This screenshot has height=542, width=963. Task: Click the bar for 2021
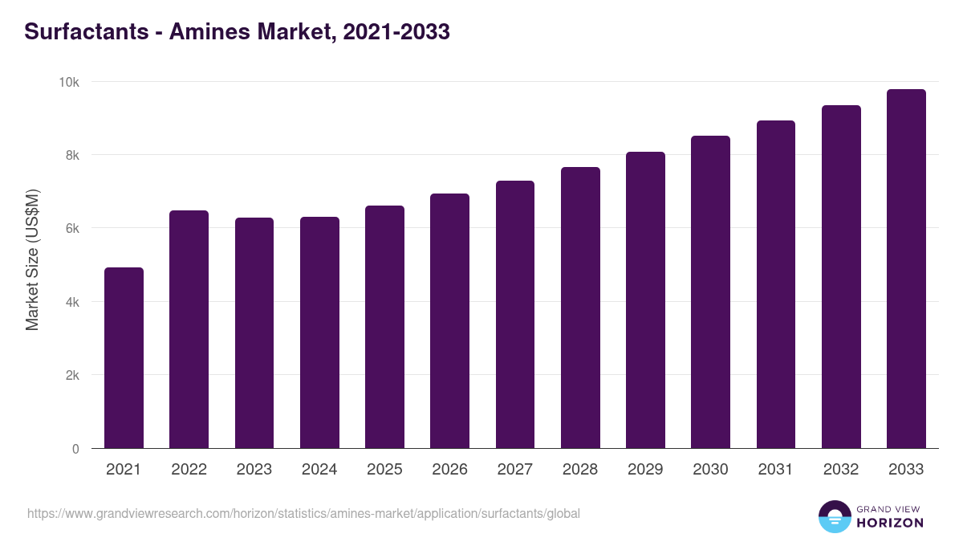pos(124,358)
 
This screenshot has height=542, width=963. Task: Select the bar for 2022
pos(189,329)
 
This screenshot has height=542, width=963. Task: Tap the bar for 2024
pos(319,332)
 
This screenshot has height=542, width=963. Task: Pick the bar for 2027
pos(515,315)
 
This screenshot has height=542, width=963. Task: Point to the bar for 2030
pos(711,292)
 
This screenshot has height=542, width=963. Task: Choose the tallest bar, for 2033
pos(906,269)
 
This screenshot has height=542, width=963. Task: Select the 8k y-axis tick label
pos(72,155)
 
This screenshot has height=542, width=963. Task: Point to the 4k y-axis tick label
pos(72,302)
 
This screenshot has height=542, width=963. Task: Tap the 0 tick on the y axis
pos(75,449)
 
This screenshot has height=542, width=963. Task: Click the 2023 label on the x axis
pos(254,470)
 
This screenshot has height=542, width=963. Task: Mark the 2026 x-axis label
pos(449,470)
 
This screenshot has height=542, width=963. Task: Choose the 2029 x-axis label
pos(645,470)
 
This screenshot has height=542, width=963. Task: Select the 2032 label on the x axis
pos(841,470)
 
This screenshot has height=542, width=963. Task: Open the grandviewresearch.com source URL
pos(303,513)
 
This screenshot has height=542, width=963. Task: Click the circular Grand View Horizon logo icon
pos(834,516)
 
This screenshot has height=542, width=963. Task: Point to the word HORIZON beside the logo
pos(890,523)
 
